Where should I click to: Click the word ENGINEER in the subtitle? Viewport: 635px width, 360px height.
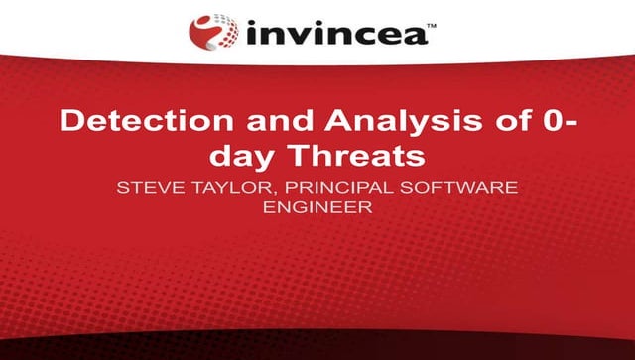coord(317,207)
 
